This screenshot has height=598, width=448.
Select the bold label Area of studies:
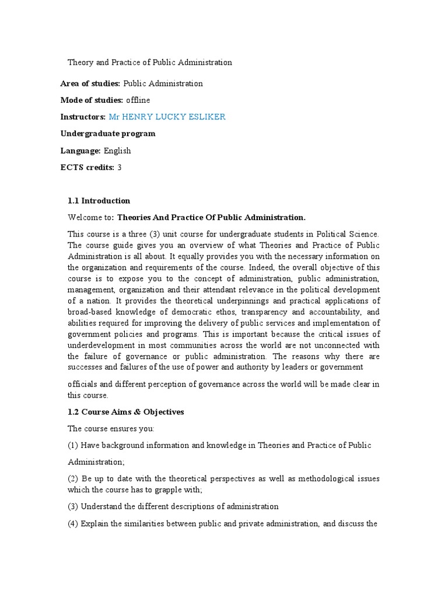click(90, 84)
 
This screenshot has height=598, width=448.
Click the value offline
click(138, 100)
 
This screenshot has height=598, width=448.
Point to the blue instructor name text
click(167, 117)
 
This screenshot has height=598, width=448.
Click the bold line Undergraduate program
click(108, 134)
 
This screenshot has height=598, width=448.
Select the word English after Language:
click(117, 151)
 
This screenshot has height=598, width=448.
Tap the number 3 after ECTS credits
click(120, 168)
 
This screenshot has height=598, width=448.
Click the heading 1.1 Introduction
click(99, 201)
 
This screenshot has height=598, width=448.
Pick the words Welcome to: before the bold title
click(91, 218)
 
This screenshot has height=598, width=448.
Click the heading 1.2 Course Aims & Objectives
click(126, 412)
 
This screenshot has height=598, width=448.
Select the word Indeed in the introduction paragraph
click(279, 267)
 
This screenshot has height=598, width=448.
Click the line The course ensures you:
click(111, 429)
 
